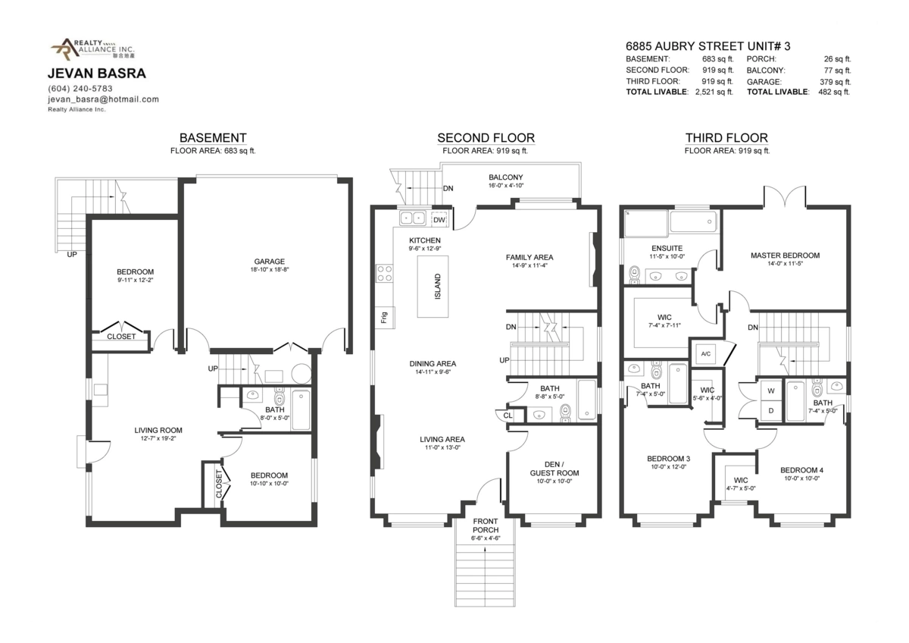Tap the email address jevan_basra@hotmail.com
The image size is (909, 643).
[x=103, y=99]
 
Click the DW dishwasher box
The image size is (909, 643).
[x=439, y=220]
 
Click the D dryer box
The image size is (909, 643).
[x=771, y=411]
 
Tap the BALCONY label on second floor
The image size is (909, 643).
[x=506, y=177]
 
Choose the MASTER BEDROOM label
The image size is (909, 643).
[x=785, y=256]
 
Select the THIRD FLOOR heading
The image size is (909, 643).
[x=726, y=138]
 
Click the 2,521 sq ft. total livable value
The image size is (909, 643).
[x=714, y=92]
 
